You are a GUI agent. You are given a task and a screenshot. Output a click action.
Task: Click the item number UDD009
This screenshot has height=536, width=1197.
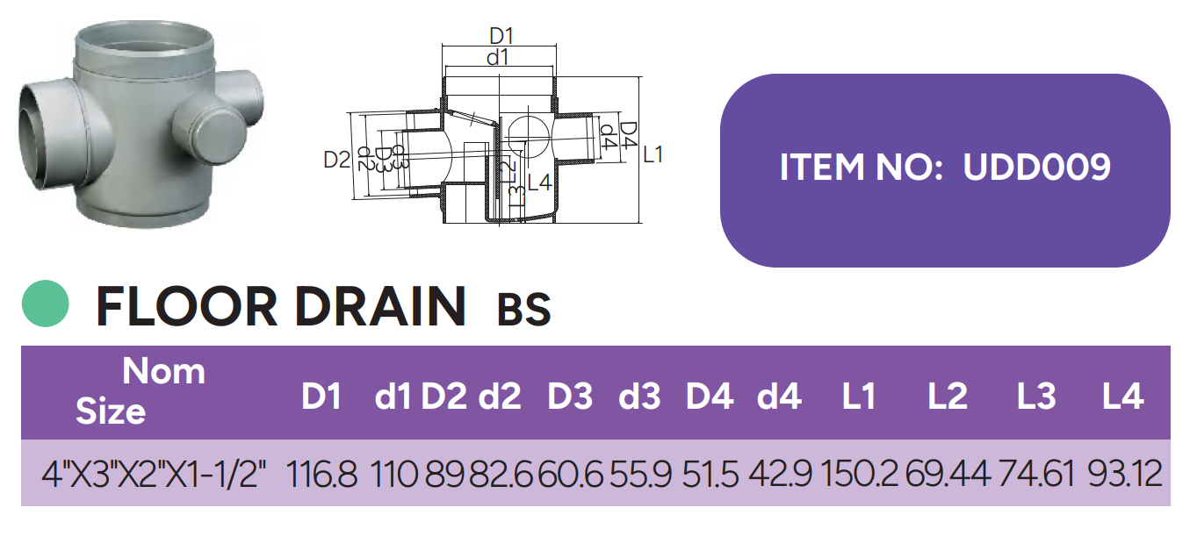click(x=1036, y=167)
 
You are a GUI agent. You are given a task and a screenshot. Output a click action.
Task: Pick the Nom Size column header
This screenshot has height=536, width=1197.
click(x=141, y=391)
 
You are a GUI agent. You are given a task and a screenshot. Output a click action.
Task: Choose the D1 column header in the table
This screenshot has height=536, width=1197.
click(x=321, y=397)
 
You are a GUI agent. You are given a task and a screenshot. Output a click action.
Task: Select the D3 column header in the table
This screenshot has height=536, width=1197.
click(x=570, y=397)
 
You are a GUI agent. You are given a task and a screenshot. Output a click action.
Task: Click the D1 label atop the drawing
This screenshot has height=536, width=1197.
click(x=501, y=37)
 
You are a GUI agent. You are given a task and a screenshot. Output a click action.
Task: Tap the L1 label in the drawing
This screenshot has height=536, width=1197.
click(x=653, y=155)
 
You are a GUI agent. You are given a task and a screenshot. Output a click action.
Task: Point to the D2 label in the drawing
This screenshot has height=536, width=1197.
click(x=336, y=160)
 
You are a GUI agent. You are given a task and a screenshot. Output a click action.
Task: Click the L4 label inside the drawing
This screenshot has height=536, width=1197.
click(x=538, y=183)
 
